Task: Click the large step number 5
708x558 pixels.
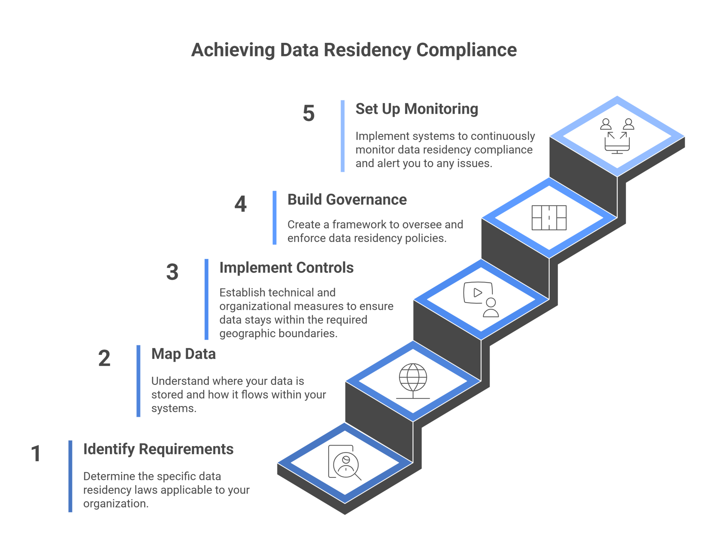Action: pyautogui.click(x=308, y=113)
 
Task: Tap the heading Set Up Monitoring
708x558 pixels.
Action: pyautogui.click(x=417, y=109)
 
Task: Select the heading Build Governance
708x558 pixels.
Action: pyautogui.click(x=347, y=200)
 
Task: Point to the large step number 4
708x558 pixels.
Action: pyautogui.click(x=240, y=204)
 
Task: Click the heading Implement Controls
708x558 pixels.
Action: pyautogui.click(x=286, y=268)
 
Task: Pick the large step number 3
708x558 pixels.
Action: pyautogui.click(x=172, y=272)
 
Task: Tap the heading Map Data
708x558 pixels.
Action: pyautogui.click(x=183, y=354)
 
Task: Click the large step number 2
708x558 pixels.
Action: pyautogui.click(x=104, y=358)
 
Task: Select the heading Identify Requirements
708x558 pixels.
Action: pyautogui.click(x=158, y=449)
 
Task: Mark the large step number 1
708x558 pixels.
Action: pyautogui.click(x=36, y=453)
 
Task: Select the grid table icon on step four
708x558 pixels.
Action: pyautogui.click(x=549, y=218)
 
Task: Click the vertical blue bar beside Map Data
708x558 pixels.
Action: pyautogui.click(x=138, y=381)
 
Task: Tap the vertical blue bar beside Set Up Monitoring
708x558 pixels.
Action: pyautogui.click(x=343, y=136)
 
